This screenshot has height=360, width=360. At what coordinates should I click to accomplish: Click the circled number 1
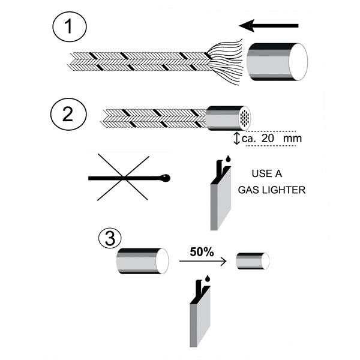(70, 28)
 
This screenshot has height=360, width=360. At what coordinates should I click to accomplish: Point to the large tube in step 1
(277, 62)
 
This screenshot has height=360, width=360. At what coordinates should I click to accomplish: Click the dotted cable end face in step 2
(244, 118)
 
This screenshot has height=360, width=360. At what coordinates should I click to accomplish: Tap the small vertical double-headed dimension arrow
(236, 138)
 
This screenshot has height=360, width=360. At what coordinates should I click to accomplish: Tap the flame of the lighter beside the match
(227, 160)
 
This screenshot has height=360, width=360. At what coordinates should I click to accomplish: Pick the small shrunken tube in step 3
(251, 261)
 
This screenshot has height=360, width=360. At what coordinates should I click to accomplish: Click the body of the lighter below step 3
(199, 321)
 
